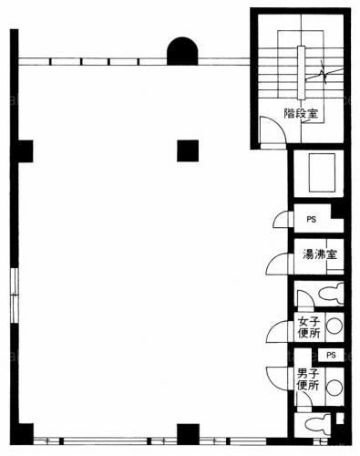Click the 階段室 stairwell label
[x=301, y=114]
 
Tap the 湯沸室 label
[x=320, y=254]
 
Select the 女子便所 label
[x=309, y=327]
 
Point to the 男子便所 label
[x=308, y=379]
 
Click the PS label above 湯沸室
[x=312, y=219]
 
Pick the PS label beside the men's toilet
[x=331, y=355]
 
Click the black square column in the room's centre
[x=188, y=150]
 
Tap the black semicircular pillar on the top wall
[x=182, y=51]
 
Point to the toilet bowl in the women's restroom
[x=331, y=294]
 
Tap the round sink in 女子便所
[x=334, y=326]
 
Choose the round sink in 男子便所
[x=334, y=388]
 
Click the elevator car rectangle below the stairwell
[x=322, y=172]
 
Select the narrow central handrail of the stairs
[x=301, y=73]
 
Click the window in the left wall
[x=15, y=295]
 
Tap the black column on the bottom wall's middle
[x=188, y=434]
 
